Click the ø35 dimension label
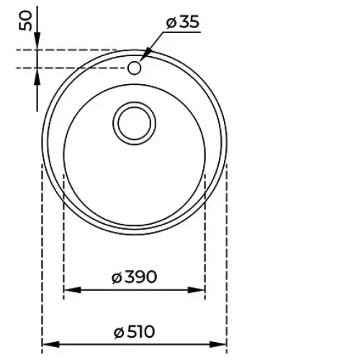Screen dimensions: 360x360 [x=183, y=22]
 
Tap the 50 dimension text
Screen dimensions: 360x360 [x=25, y=21]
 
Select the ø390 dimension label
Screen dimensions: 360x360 [x=135, y=276]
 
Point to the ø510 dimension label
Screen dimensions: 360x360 [x=135, y=332]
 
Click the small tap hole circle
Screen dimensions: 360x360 [x=134, y=68]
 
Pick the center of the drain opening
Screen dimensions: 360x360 [x=135, y=123]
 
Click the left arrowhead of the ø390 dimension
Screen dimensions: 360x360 [x=73, y=290]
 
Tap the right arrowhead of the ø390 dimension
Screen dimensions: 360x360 [x=196, y=290]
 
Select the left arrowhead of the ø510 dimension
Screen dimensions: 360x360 [x=51, y=345]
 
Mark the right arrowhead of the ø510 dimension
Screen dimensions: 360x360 [x=218, y=345]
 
